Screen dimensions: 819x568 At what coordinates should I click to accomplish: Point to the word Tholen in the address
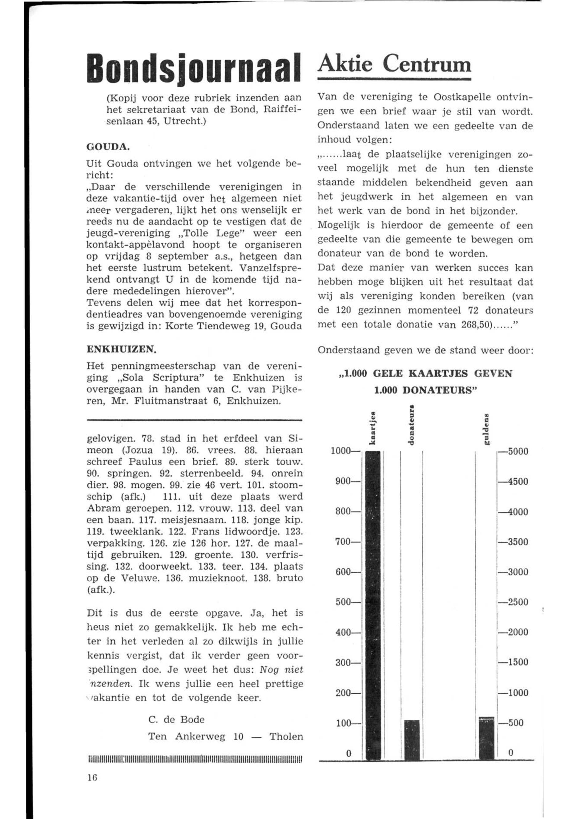286,736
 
